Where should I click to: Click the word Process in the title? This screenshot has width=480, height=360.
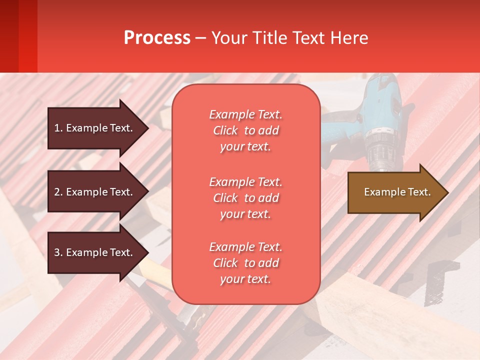click(157, 38)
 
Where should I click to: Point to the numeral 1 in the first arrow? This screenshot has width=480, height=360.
click(57, 128)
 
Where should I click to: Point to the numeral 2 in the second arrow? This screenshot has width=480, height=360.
click(57, 192)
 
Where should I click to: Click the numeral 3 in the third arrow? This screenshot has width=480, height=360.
click(57, 252)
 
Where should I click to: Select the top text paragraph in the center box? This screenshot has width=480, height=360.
click(246, 130)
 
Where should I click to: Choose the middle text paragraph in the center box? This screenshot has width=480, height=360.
click(246, 198)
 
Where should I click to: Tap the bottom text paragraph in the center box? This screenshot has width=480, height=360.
click(246, 263)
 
